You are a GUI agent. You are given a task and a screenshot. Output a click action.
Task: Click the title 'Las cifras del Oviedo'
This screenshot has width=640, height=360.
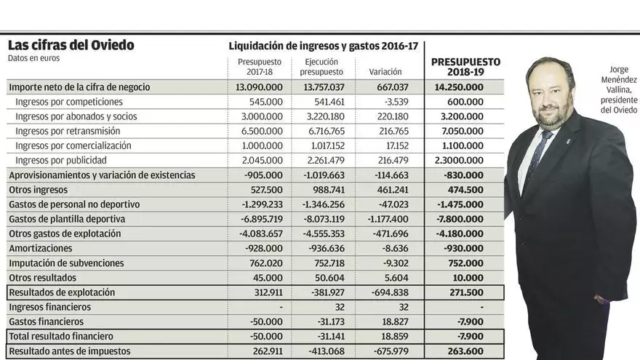pos(71,45)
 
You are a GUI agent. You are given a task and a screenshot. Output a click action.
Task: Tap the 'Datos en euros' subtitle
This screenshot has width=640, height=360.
pos(33,58)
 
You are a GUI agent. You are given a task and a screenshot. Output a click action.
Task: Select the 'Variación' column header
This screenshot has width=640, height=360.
pos(385,71)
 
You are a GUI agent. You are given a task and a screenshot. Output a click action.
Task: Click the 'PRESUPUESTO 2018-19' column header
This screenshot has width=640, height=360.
pos(465,67)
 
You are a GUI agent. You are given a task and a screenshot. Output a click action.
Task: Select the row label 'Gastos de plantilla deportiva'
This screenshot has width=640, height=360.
pos(67,219)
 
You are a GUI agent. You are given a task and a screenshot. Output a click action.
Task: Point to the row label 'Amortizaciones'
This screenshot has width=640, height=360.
pos(40,248)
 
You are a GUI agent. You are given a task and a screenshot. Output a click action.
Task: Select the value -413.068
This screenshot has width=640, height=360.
pos(324,351)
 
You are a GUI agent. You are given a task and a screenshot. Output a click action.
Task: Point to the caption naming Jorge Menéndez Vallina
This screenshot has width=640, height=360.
pos(619,90)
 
